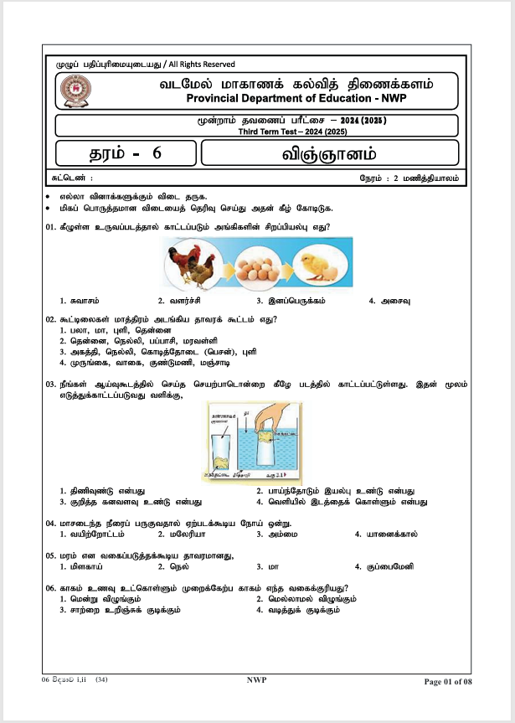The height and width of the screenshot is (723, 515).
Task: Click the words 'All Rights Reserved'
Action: pyautogui.click(x=202, y=65)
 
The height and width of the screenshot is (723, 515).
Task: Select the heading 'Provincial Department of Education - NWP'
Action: pyautogui.click(x=298, y=99)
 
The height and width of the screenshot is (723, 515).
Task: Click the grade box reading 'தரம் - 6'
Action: pyautogui.click(x=126, y=153)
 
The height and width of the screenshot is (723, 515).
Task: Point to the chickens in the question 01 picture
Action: pyautogui.click(x=192, y=261)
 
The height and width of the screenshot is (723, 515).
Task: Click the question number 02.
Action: pyautogui.click(x=50, y=319)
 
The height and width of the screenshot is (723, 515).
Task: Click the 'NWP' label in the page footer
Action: pyautogui.click(x=256, y=680)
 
